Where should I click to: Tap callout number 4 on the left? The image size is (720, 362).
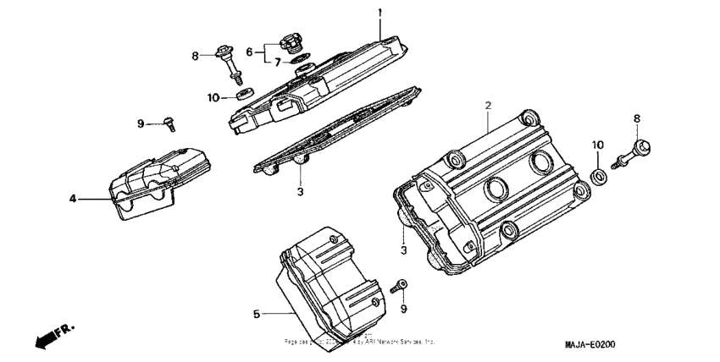[x=73, y=199]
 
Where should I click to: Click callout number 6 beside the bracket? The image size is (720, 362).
[x=249, y=52]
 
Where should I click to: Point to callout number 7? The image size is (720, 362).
[x=277, y=62]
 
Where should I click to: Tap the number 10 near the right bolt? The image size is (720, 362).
[x=596, y=145]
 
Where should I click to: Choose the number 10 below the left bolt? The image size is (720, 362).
[x=213, y=97]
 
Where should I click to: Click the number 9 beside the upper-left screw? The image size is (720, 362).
[x=141, y=123]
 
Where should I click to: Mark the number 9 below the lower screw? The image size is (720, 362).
[x=403, y=308]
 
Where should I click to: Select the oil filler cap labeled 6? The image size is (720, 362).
[x=289, y=42]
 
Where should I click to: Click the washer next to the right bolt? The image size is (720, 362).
[x=598, y=176]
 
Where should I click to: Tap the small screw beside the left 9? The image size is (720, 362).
[x=169, y=124]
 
